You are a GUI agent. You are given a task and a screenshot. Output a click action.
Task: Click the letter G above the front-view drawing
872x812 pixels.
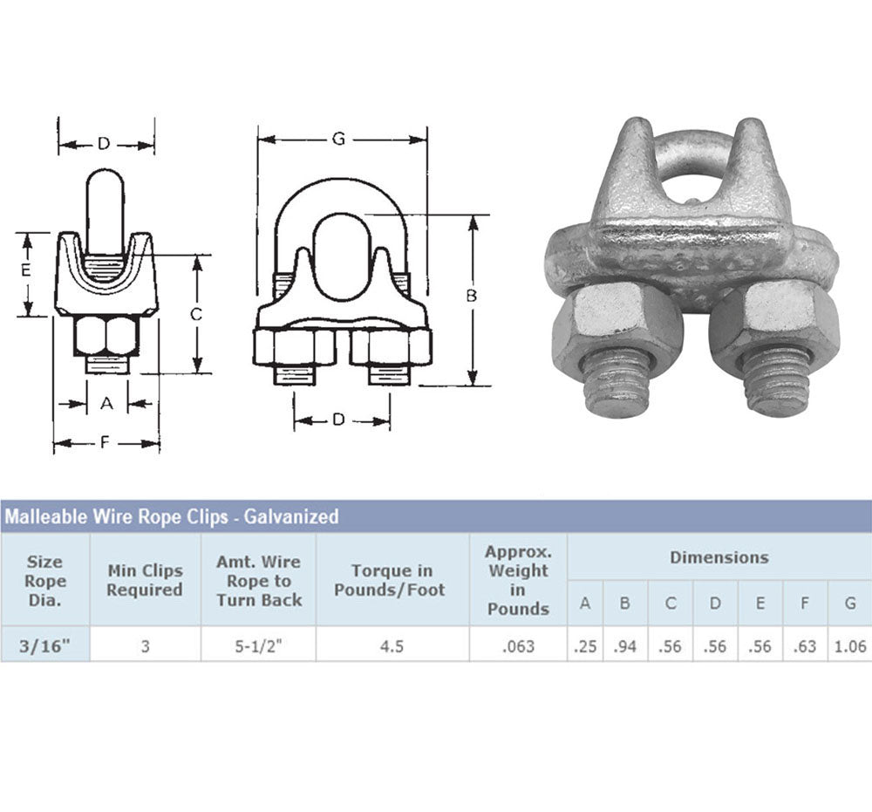pyautogui.click(x=338, y=139)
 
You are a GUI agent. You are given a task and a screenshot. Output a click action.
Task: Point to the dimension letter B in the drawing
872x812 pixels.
pyautogui.click(x=472, y=296)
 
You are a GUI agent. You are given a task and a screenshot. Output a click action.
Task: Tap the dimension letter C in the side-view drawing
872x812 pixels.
pyautogui.click(x=195, y=315)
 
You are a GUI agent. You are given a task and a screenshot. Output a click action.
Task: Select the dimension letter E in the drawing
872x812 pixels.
pyautogui.click(x=25, y=271)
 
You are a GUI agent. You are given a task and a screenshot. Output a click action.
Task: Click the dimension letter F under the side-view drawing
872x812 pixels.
pyautogui.click(x=105, y=443)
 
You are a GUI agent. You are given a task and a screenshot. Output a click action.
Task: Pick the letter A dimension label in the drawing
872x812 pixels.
pyautogui.click(x=106, y=403)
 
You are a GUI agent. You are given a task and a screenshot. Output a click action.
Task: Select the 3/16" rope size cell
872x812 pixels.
pyautogui.click(x=45, y=645)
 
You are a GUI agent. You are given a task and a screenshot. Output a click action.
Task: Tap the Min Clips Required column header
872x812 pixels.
pyautogui.click(x=145, y=580)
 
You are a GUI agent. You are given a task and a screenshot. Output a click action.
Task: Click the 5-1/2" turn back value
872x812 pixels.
pyautogui.click(x=259, y=645)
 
